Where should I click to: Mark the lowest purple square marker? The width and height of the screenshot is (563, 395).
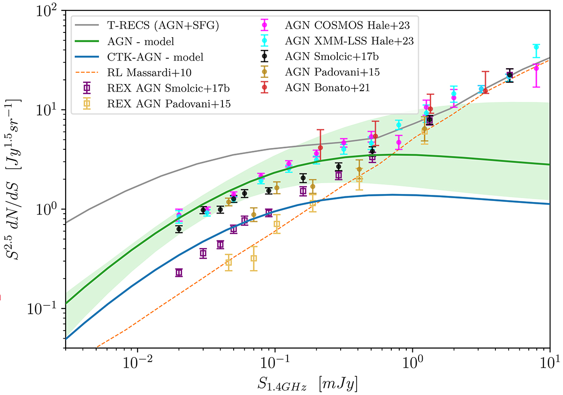(x=179, y=272)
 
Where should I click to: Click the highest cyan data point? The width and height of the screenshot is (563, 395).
(x=536, y=47)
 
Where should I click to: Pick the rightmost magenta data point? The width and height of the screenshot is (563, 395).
(x=536, y=69)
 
